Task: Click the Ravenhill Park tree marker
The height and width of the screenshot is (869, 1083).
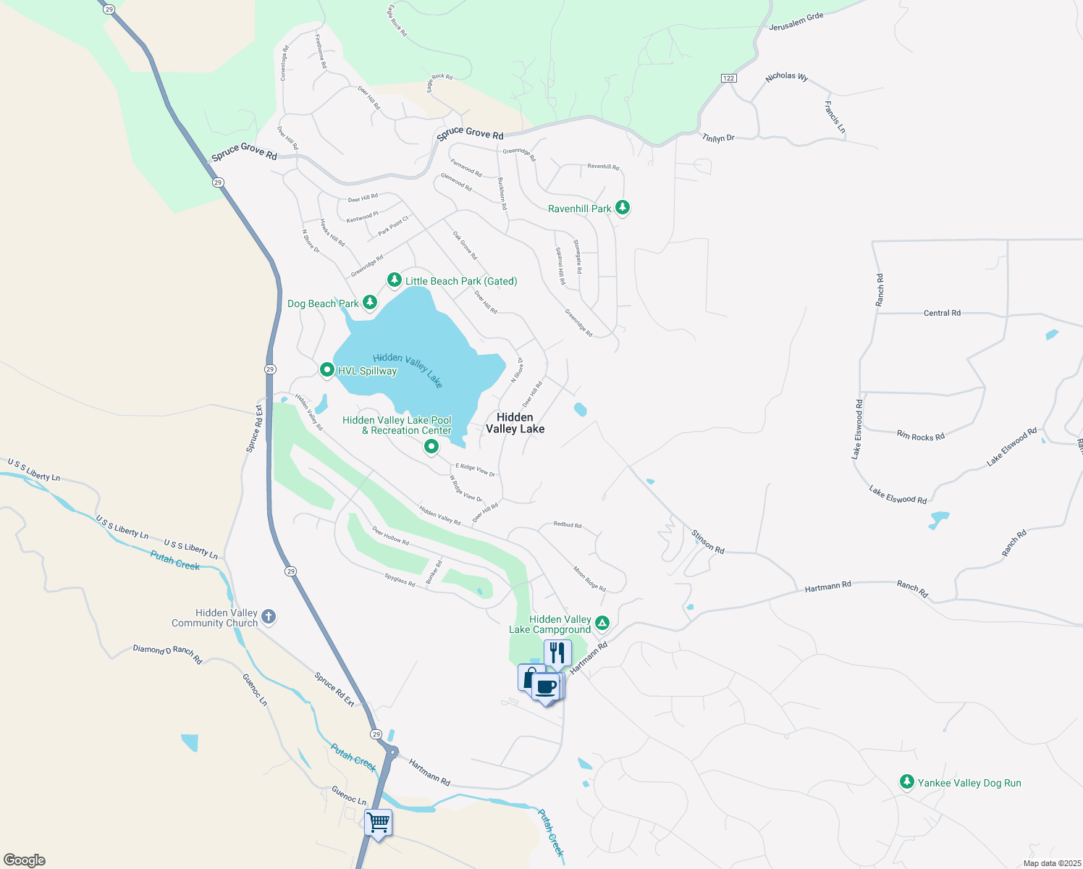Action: click(x=622, y=208)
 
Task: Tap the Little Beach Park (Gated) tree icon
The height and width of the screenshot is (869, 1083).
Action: click(x=394, y=280)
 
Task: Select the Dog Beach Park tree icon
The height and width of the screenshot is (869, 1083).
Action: click(x=370, y=302)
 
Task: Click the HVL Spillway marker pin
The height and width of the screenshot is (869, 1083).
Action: click(x=326, y=370)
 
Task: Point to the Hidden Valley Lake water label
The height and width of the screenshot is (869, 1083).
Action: click(x=408, y=369)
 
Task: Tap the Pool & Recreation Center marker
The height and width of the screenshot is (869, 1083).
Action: click(x=431, y=447)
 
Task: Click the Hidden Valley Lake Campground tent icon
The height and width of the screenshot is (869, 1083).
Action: click(x=602, y=623)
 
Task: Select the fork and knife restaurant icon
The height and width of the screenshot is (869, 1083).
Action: click(x=557, y=652)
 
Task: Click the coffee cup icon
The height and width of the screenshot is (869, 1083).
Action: click(x=546, y=687)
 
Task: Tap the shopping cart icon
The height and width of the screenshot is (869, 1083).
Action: click(x=378, y=823)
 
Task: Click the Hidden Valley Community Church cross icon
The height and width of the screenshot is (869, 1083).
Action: click(x=268, y=617)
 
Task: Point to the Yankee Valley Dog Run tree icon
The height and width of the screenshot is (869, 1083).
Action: click(x=906, y=782)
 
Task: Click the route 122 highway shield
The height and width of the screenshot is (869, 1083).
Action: click(x=728, y=78)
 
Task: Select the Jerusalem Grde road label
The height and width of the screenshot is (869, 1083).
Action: click(x=796, y=22)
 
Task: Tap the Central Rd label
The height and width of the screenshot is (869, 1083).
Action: click(x=942, y=313)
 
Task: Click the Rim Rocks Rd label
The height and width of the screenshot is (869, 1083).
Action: click(x=920, y=435)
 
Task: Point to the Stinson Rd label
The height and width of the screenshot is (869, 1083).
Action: click(x=707, y=542)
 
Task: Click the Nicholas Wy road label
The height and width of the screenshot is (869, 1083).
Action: click(x=786, y=76)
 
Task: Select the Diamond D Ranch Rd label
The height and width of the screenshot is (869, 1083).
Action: click(x=167, y=654)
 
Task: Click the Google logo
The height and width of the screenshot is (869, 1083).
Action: click(x=25, y=860)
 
